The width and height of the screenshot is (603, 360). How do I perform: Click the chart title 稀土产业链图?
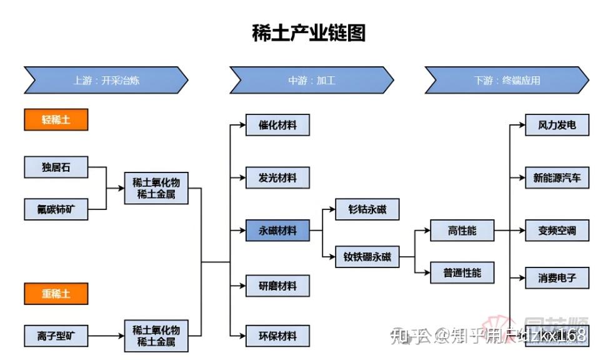tap(308, 32)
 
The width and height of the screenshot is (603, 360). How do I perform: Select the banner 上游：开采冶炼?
tap(106, 81)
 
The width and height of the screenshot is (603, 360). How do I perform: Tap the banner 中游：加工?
tap(311, 81)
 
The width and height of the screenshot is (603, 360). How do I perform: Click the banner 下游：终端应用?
tap(506, 81)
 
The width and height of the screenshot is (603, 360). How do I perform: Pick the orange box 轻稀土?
tap(56, 120)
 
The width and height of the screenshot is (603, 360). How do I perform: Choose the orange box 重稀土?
tap(56, 293)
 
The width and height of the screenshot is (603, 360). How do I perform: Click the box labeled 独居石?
tap(56, 167)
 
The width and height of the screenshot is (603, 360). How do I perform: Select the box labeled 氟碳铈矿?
tap(56, 209)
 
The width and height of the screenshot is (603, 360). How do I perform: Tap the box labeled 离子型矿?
tap(56, 336)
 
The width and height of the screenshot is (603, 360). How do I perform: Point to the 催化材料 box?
tap(277, 125)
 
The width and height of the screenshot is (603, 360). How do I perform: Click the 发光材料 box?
tap(277, 177)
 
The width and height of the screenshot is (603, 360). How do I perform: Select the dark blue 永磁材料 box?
tap(277, 231)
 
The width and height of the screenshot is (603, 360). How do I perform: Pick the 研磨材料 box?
tap(277, 286)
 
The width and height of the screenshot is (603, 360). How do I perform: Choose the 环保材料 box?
tap(277, 336)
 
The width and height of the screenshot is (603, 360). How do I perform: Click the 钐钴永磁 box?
tap(367, 209)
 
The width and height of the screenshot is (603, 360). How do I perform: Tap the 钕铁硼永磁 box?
tap(367, 256)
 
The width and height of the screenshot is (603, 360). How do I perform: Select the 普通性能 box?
tap(462, 273)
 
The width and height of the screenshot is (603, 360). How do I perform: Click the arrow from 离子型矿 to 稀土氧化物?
tap(106, 336)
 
